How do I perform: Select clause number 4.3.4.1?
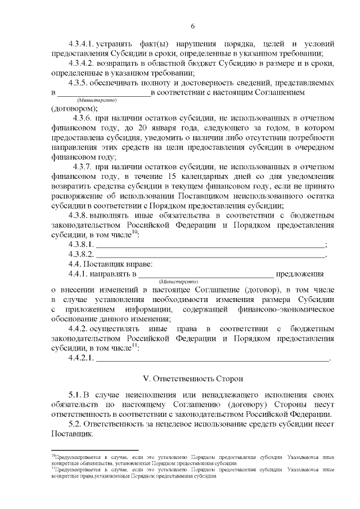click(x=82, y=43)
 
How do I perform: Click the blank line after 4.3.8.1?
click(x=211, y=245)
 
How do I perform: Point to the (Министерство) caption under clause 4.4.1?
click(x=179, y=281)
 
